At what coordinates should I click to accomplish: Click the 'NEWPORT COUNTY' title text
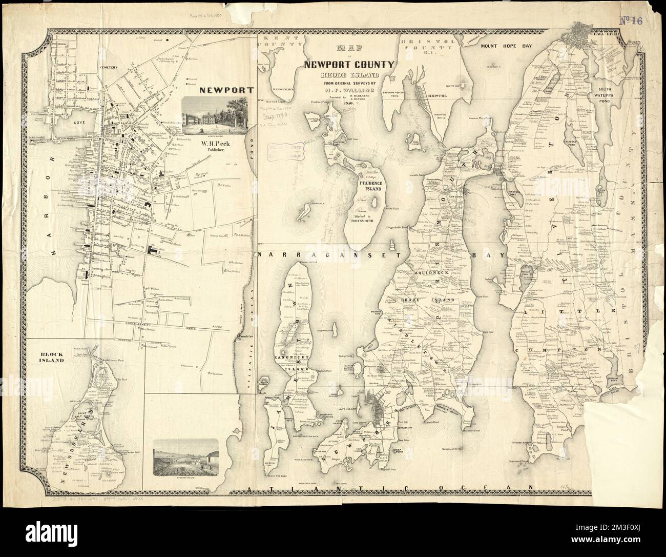pyautogui.click(x=349, y=65)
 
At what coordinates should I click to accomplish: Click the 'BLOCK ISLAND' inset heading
pyautogui.click(x=50, y=357)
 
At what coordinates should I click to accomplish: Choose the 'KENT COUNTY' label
pyautogui.click(x=280, y=42)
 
